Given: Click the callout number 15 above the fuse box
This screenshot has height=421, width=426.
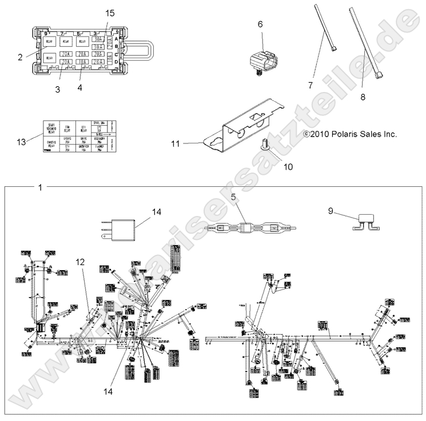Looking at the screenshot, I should coord(110,13).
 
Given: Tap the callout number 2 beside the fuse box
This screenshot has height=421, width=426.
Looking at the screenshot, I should coord(19,57).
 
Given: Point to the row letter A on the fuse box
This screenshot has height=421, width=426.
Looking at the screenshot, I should coord(117,39).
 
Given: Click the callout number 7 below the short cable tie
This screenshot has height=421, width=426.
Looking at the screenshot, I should coord(310,85).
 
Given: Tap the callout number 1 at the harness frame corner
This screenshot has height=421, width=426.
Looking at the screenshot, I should coord(39,187).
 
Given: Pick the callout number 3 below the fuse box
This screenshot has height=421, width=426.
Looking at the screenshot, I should coord(57,89).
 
